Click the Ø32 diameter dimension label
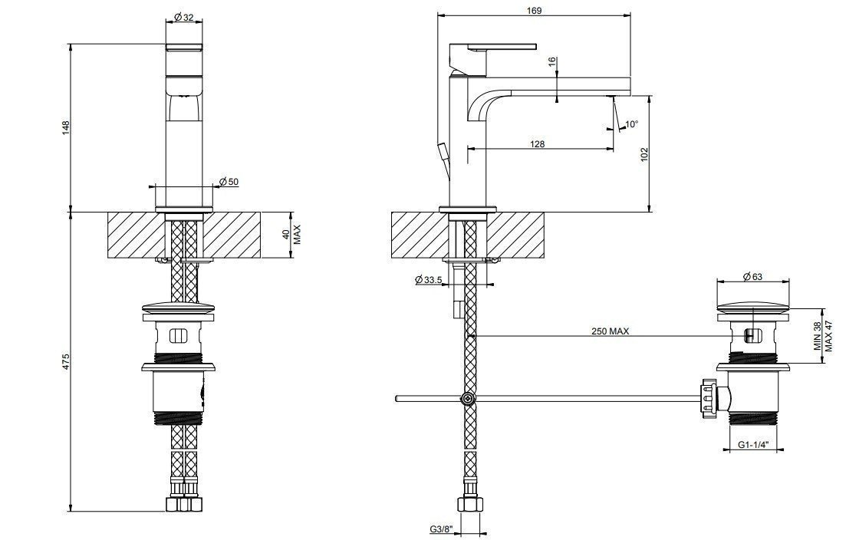tap(184, 18)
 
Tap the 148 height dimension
tap(67, 128)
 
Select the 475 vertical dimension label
tap(67, 361)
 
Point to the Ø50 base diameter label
tap(229, 182)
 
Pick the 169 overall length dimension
tap(534, 10)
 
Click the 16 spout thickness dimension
tap(552, 62)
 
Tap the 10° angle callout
tap(631, 124)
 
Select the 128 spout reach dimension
tap(538, 143)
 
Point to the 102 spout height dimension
tap(644, 154)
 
